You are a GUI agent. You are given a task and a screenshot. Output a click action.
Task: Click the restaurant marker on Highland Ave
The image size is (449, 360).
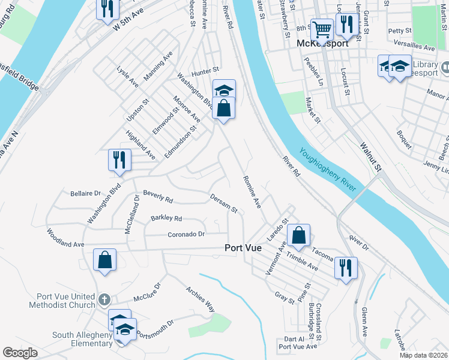(119, 160)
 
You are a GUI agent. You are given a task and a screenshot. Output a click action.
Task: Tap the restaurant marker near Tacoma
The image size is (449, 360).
(346, 267)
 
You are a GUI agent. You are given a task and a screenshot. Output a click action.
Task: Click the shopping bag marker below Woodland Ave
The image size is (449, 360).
(104, 260)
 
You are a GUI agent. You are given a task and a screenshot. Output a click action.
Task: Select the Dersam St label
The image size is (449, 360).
(224, 203)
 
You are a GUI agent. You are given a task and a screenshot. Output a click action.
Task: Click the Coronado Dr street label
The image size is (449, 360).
(187, 234)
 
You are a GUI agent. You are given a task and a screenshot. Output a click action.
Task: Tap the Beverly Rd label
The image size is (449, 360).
(158, 196)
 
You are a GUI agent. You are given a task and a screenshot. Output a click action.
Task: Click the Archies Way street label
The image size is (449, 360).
(200, 299)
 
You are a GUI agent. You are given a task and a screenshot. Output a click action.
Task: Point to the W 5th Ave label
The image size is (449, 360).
(139, 22)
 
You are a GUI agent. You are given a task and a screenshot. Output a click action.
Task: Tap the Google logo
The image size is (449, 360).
(20, 353)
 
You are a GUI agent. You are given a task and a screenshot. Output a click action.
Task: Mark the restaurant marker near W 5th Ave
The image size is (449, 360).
(108, 8)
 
